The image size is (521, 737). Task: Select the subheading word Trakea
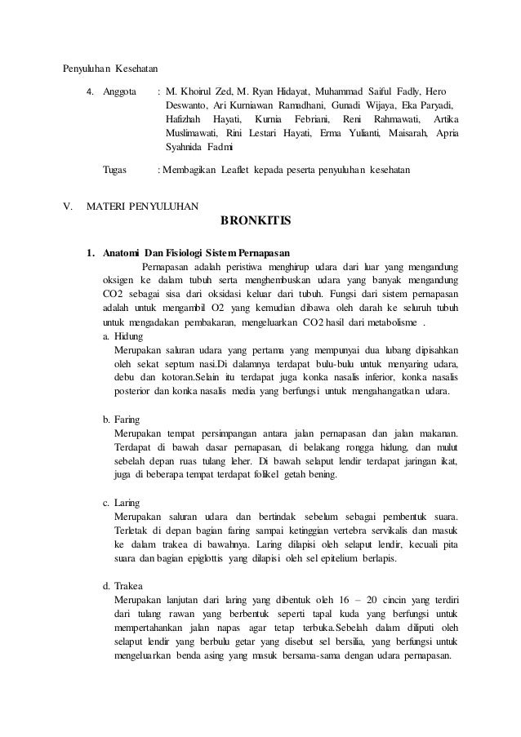[130, 585]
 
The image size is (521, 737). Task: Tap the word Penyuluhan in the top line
[88, 67]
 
